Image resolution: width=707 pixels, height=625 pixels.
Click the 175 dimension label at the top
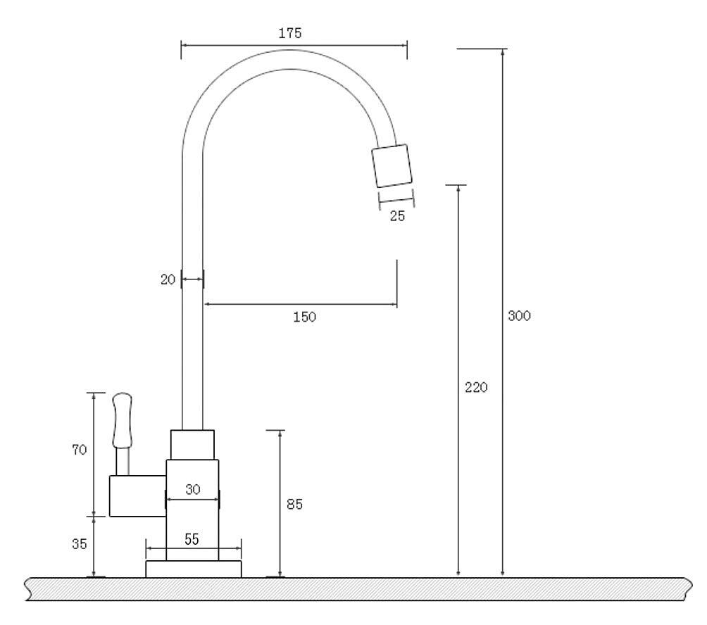point(290,33)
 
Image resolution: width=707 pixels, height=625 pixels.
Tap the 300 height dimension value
point(520,315)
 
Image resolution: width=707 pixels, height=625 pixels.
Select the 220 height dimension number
point(476,387)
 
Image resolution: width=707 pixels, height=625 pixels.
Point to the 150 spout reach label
point(305,317)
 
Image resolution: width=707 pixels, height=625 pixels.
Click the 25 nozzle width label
point(397,216)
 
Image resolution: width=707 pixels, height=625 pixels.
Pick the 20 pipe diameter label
point(168,279)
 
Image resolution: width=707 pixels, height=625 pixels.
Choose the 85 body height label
point(294,504)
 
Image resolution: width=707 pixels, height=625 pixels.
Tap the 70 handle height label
point(80,449)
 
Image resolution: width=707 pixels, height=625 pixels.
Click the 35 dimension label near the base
point(80,544)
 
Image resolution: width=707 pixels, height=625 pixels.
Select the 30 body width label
point(192,489)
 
